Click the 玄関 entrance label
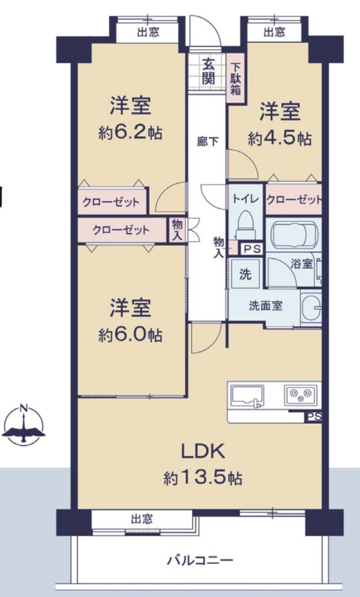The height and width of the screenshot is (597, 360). coord(209,71)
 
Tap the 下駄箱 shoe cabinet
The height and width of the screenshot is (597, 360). coord(236,79)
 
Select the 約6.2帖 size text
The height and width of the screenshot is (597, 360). coord(130,133)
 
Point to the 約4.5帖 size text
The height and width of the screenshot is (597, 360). coord(279,139)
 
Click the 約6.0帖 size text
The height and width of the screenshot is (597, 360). coord(130,335)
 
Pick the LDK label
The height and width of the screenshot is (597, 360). coord(203,452)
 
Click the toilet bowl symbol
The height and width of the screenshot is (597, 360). coord(245,224)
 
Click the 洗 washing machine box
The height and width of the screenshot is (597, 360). coord(245,274)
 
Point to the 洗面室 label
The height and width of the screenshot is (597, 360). coord(265,305)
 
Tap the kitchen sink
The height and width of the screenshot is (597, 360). coord(247,396)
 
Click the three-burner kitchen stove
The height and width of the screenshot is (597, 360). coord(300,395)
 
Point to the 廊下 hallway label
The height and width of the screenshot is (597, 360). coord(208,142)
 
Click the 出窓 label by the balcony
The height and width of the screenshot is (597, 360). coord(142,518)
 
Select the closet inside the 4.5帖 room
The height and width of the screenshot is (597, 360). coord(293,199)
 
